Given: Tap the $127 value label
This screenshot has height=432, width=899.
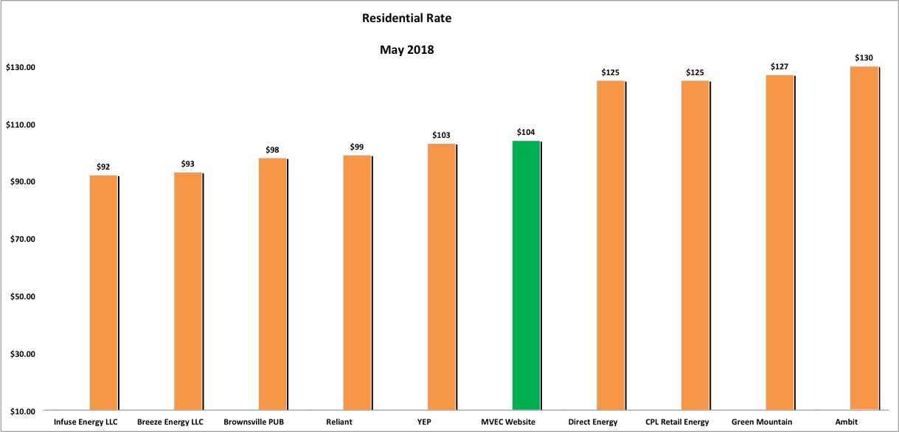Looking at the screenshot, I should tap(780, 66).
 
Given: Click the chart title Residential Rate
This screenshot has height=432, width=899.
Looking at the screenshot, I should tap(406, 18).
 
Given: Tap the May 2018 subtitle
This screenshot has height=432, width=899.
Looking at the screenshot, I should tap(407, 50).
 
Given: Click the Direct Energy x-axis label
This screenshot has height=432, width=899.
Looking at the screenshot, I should tap(593, 422).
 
